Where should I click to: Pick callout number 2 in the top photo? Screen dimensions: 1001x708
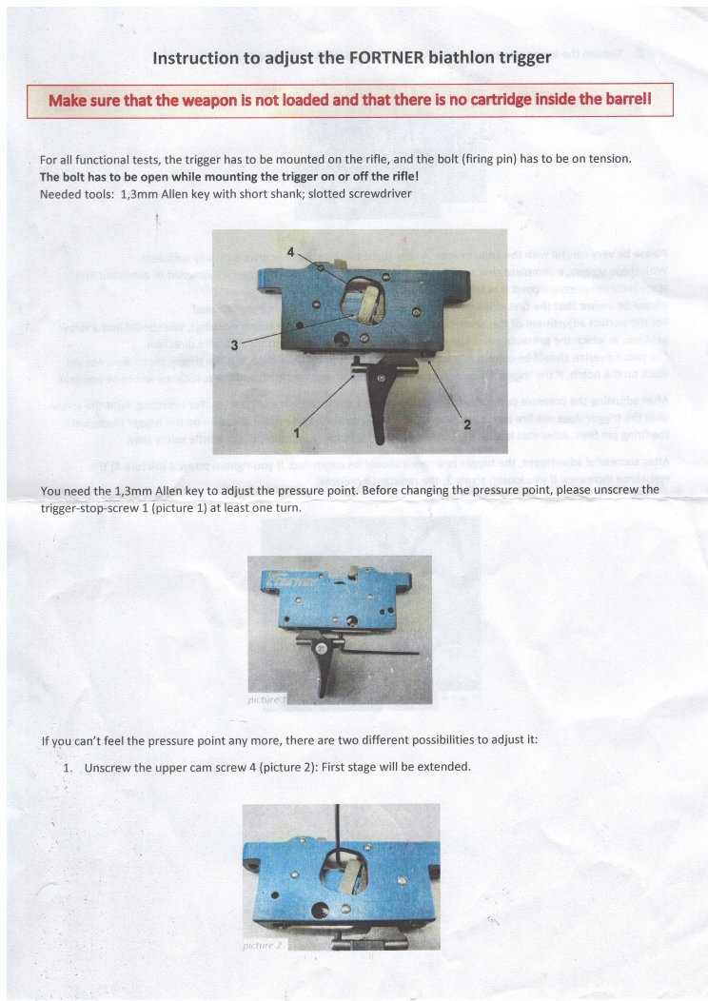[466, 424]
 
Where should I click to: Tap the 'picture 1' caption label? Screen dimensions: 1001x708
[266, 699]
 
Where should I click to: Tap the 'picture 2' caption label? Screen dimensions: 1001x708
[264, 945]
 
